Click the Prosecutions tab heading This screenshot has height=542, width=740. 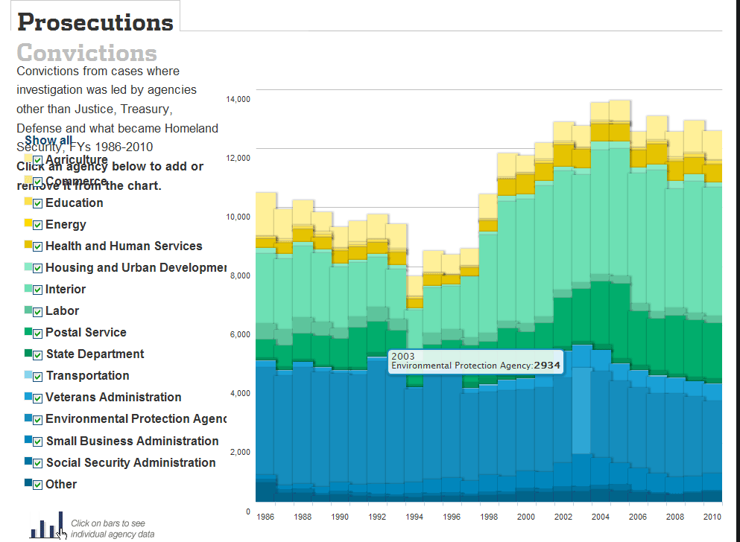pyautogui.click(x=95, y=22)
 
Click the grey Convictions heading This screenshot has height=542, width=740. pyautogui.click(x=86, y=53)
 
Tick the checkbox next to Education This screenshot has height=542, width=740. pyautogui.click(x=37, y=203)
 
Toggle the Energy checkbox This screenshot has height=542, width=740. pyautogui.click(x=37, y=225)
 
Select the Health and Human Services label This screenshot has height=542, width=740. pyautogui.click(x=124, y=246)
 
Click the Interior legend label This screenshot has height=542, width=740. pyautogui.click(x=66, y=290)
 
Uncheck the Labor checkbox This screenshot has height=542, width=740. pyautogui.click(x=37, y=311)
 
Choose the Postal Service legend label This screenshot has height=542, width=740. pyautogui.click(x=86, y=333)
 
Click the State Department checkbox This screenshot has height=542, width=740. pyautogui.click(x=37, y=354)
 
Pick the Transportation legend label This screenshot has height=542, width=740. pyautogui.click(x=87, y=376)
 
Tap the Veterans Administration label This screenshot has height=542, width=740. pyautogui.click(x=113, y=398)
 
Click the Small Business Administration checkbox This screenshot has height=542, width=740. pyautogui.click(x=37, y=441)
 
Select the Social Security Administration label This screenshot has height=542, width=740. pyautogui.click(x=130, y=463)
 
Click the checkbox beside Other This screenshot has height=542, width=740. pyautogui.click(x=37, y=485)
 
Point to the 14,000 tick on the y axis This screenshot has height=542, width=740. pyautogui.click(x=238, y=99)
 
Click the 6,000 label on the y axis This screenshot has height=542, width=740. pyautogui.click(x=241, y=334)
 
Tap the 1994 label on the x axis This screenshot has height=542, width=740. pyautogui.click(x=414, y=517)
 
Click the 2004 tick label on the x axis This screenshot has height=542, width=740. pyautogui.click(x=600, y=517)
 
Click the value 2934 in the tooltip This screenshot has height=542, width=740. pyautogui.click(x=547, y=366)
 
